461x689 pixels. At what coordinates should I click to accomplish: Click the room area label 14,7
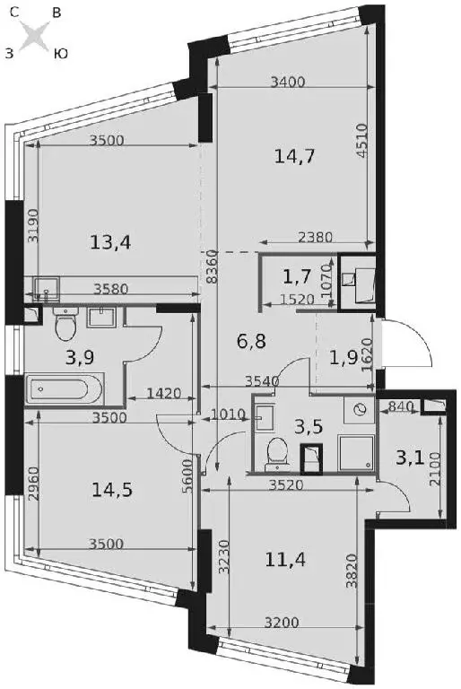pos(294,156)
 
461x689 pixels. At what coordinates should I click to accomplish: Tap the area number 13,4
pos(110,242)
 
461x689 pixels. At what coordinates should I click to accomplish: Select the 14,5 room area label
pos(112,490)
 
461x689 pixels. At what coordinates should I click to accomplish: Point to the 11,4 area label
pos(285,560)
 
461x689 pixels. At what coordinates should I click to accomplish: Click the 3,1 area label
pos(410,458)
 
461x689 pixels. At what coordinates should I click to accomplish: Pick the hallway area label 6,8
pos(251,341)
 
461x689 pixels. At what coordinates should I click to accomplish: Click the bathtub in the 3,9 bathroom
pos(65,389)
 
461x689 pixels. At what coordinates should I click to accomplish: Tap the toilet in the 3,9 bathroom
pos(65,324)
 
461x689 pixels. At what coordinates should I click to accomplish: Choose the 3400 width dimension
pos(288,82)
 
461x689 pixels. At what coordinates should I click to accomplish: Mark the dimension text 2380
pos(315,237)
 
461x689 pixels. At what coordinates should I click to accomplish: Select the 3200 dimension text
pos(282,623)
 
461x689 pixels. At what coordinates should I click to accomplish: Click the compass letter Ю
pos(61,54)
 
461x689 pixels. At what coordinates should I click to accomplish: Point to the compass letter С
pos(13,13)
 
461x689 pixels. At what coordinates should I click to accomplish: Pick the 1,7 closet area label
pos(298,277)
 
